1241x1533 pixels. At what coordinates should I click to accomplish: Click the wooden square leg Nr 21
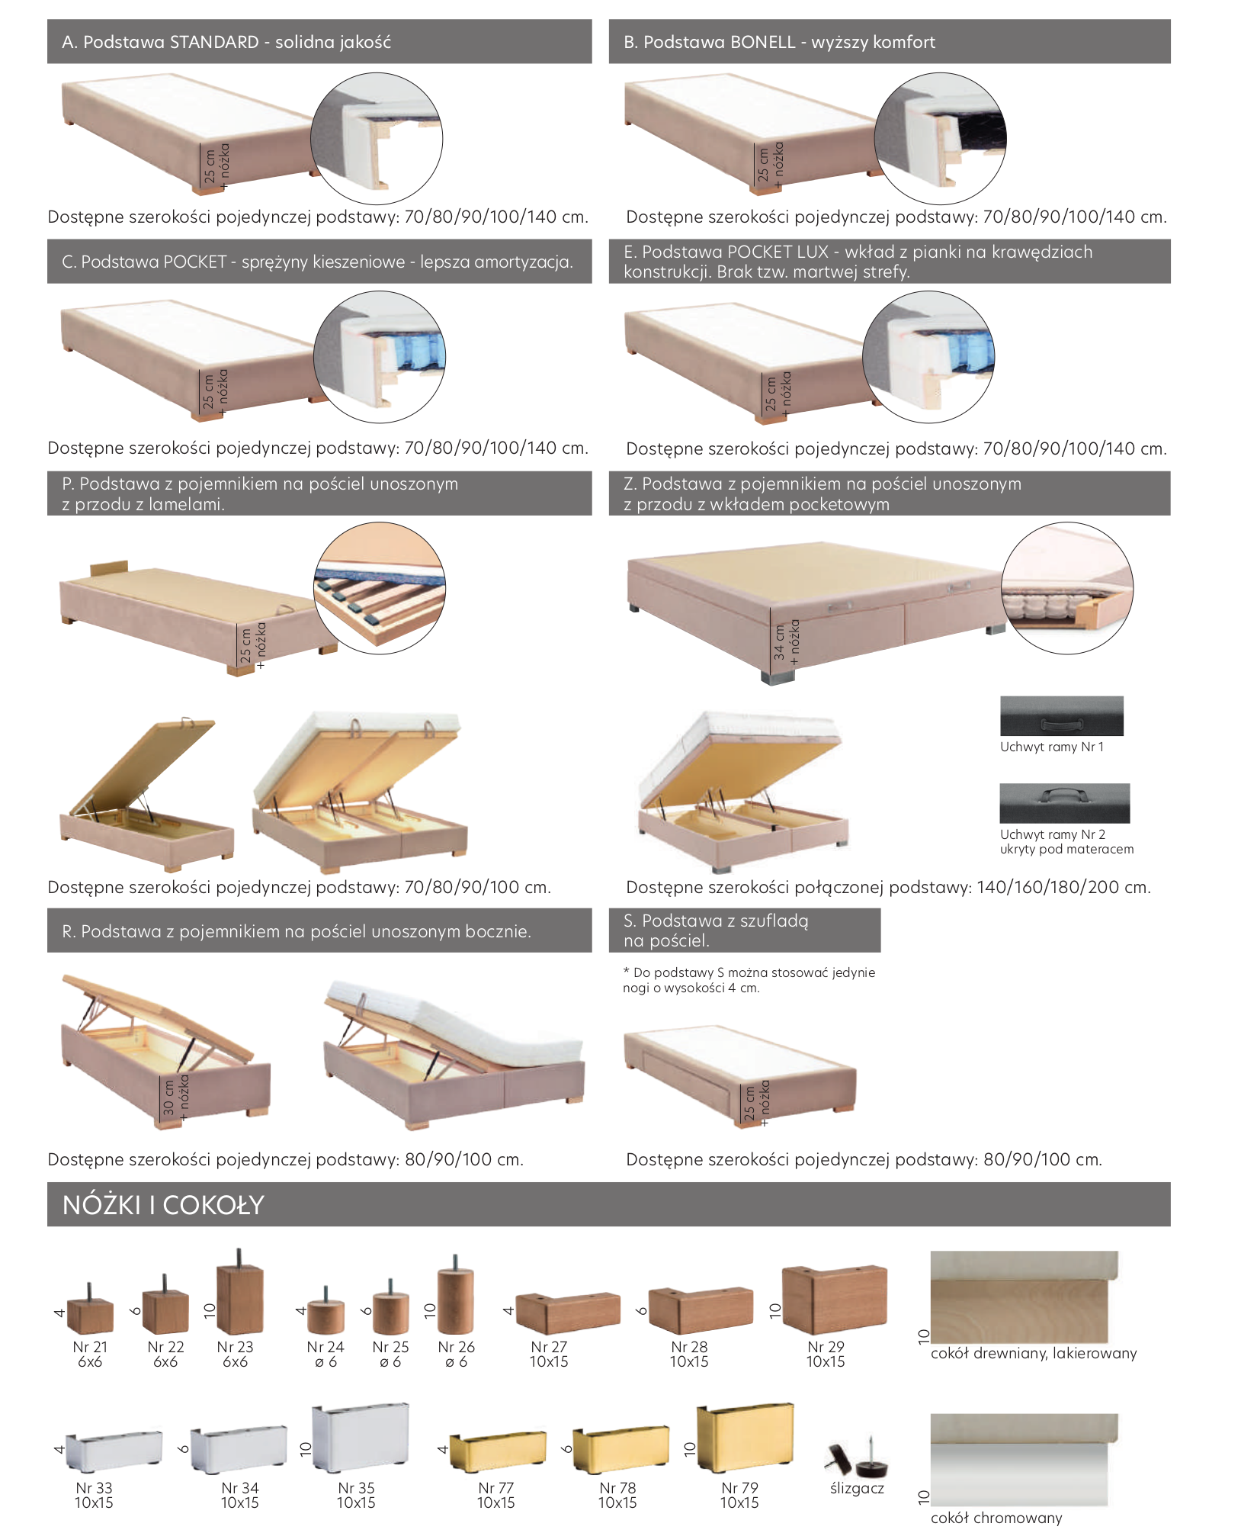point(90,1312)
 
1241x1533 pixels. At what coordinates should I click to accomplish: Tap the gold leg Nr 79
point(746,1437)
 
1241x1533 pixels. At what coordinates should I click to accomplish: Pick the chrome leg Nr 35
point(361,1437)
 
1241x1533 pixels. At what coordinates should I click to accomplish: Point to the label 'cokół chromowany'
point(996,1518)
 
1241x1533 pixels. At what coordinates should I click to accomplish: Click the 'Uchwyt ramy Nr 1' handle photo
point(1062,715)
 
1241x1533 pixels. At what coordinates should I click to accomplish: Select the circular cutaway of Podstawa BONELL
point(940,139)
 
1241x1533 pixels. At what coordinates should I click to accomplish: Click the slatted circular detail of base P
point(380,588)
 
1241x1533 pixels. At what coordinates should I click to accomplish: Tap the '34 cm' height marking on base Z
point(778,642)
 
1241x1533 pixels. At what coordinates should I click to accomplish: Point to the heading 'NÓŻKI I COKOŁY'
point(163,1205)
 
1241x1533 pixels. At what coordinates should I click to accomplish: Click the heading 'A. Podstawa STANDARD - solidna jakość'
point(226,42)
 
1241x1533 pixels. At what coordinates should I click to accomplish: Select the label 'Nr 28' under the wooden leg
point(689,1347)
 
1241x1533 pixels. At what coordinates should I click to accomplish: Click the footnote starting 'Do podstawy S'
point(749,980)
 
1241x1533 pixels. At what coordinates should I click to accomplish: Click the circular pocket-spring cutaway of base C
point(380,357)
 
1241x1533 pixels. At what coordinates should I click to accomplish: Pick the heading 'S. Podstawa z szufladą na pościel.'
point(716,930)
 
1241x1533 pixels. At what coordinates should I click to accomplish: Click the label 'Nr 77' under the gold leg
point(496,1488)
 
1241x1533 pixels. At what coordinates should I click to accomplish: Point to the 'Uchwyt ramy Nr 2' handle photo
point(1065,803)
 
